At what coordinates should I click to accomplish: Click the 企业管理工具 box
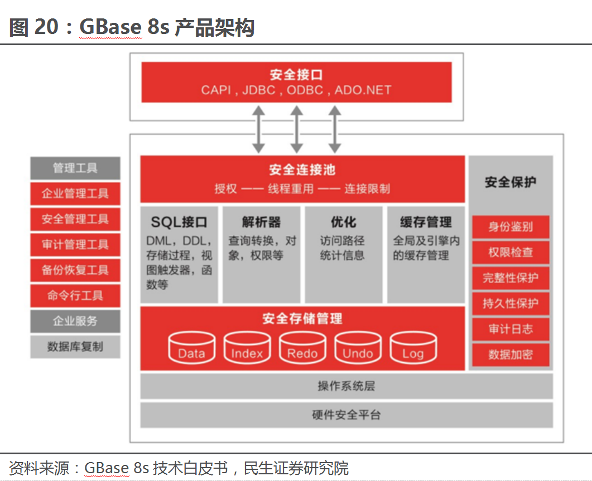tap(75, 194)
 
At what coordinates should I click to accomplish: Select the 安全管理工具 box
tap(75, 219)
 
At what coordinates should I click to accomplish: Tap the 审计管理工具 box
tap(75, 245)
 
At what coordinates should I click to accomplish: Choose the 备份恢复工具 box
tap(75, 270)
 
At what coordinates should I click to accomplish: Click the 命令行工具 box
tap(75, 295)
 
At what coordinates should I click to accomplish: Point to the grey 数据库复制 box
tap(75, 347)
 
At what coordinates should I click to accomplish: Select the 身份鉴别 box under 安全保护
tap(511, 227)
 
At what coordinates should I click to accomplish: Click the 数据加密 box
tap(511, 354)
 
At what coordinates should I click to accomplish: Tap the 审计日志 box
tap(511, 329)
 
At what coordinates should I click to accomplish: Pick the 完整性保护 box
tap(511, 278)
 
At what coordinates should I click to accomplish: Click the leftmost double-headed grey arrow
tap(259, 129)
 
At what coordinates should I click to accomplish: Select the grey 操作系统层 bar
tap(346, 386)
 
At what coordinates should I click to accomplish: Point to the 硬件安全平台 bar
tap(346, 415)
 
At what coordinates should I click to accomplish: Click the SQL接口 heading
tap(179, 222)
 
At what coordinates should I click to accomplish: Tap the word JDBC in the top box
tap(259, 90)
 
